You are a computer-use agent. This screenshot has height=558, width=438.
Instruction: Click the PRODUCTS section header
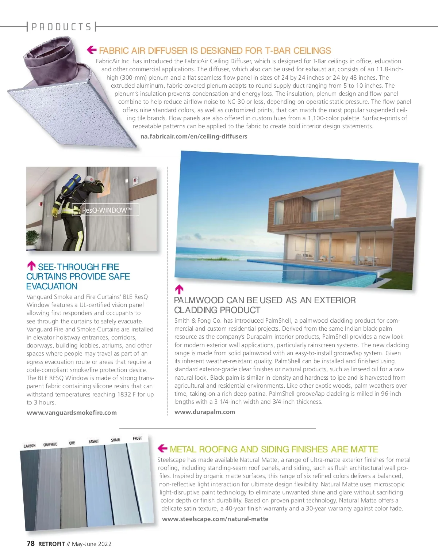[61, 27]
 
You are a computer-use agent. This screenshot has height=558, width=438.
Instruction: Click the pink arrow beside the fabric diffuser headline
[92, 50]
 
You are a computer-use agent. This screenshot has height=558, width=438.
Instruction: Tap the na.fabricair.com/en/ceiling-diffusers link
[194, 136]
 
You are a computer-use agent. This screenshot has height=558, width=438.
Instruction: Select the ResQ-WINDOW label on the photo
[106, 210]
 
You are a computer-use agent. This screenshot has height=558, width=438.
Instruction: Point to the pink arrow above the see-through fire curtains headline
[32, 266]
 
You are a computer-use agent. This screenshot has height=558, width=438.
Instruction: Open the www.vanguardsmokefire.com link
[72, 413]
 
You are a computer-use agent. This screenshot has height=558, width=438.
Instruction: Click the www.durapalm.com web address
[205, 412]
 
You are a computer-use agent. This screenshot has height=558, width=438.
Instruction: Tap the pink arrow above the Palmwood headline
[179, 289]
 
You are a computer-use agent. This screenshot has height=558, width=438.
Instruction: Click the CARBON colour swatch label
[30, 446]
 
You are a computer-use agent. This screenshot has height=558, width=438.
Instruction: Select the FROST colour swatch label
[137, 438]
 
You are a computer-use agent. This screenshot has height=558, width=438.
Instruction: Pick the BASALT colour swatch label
[93, 441]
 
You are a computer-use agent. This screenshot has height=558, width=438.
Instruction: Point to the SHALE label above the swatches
[115, 440]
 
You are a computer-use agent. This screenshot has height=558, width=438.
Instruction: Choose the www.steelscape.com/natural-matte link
[215, 519]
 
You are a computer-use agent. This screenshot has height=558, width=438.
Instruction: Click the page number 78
[31, 543]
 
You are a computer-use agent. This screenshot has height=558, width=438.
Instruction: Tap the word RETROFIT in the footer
[51, 544]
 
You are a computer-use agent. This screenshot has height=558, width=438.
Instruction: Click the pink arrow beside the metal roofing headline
[162, 448]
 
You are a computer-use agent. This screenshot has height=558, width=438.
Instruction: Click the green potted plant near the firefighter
[33, 238]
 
